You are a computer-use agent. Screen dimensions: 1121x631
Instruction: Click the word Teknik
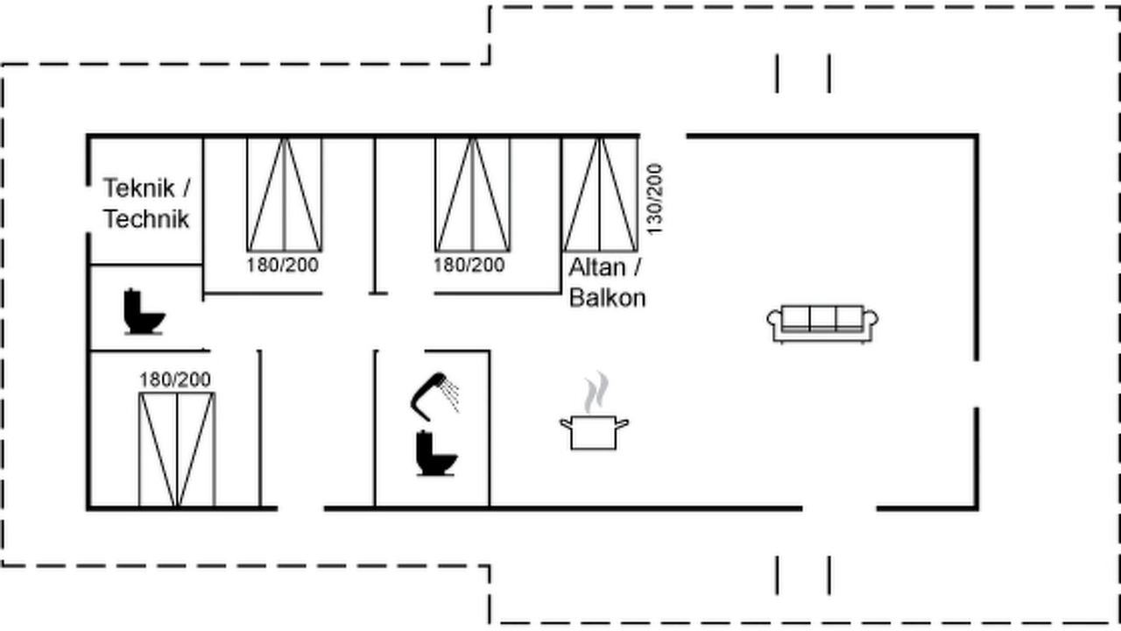[138, 188]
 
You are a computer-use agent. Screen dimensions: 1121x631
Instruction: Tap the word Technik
[146, 219]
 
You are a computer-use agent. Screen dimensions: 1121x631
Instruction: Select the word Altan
[597, 267]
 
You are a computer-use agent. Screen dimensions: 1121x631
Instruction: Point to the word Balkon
[608, 298]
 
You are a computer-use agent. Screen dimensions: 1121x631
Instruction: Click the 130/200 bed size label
[654, 199]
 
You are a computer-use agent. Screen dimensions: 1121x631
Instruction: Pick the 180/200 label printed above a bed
[175, 379]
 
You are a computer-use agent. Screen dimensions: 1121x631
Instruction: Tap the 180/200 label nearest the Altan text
[469, 265]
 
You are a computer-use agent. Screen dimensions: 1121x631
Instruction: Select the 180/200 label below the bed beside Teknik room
[283, 265]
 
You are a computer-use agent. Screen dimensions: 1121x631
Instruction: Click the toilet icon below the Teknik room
[144, 311]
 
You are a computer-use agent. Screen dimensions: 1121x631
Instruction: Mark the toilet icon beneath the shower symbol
[436, 453]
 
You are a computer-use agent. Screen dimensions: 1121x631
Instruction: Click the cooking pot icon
[594, 432]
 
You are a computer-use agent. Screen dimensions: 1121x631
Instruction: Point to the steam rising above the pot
[596, 392]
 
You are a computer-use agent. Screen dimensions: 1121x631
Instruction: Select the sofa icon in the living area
[822, 323]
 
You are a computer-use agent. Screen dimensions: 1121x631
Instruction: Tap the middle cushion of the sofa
[822, 317]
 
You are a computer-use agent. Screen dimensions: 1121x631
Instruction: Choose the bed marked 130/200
[600, 195]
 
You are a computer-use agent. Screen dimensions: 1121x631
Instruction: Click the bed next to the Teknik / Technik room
[285, 195]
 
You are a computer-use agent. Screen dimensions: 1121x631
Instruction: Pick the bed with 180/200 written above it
[177, 450]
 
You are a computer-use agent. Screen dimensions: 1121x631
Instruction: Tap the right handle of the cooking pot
[622, 425]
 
